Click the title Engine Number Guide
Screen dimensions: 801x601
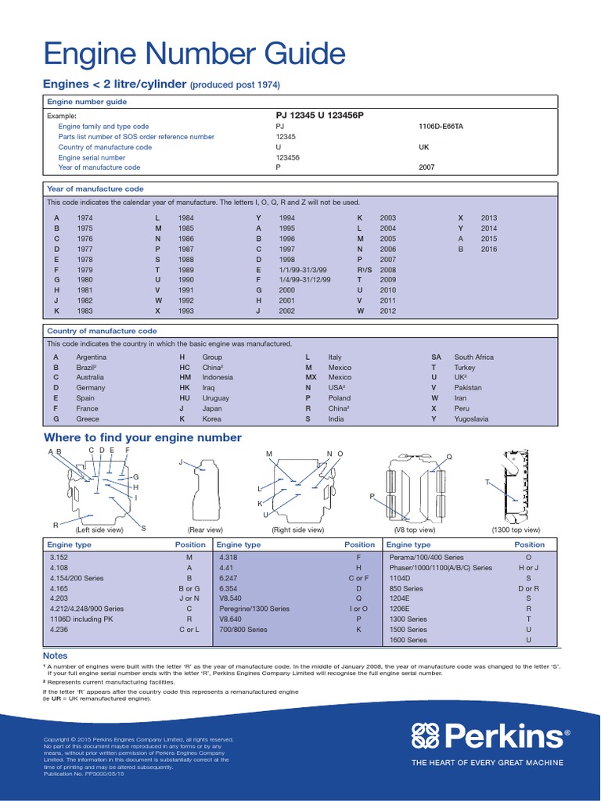(194, 56)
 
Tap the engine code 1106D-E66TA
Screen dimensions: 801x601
(441, 126)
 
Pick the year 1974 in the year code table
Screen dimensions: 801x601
(85, 217)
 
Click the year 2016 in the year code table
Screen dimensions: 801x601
(488, 249)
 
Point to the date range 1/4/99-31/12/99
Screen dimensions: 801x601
(304, 279)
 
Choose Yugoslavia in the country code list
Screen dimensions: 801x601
(471, 418)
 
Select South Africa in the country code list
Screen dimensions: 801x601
(473, 357)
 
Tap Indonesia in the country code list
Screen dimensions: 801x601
(218, 377)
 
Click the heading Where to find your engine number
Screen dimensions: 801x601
(142, 437)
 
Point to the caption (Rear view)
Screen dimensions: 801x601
(205, 530)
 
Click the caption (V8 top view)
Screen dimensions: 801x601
(415, 530)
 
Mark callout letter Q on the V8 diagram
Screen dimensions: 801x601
(449, 456)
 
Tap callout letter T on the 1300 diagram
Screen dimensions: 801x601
(487, 483)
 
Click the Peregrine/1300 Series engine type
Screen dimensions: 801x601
(254, 609)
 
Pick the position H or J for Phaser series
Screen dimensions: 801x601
(529, 568)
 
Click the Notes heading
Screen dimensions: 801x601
(55, 656)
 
